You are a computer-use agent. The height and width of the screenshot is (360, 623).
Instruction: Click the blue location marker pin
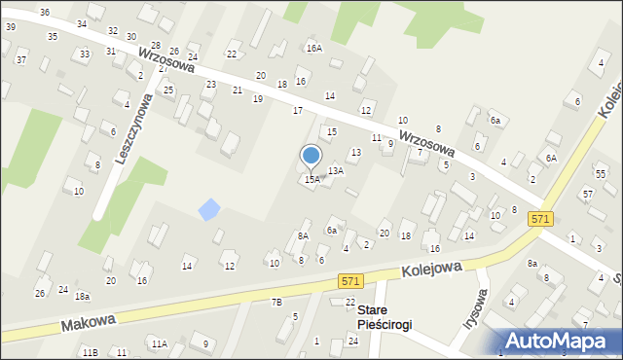pos(311,156)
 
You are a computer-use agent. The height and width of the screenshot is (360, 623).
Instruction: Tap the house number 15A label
pos(311,179)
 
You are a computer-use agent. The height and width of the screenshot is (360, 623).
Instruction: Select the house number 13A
pos(335,170)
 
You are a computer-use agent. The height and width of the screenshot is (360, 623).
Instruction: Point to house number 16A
pos(313,48)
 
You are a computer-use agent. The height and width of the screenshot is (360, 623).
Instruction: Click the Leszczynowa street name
pos(132,128)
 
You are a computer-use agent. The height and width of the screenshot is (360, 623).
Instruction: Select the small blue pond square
pos(208,208)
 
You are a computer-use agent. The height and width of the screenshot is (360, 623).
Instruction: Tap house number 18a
pos(83,296)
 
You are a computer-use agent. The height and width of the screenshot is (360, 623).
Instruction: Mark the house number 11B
pos(90,351)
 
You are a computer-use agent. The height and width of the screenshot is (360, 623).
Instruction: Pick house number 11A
pos(159,343)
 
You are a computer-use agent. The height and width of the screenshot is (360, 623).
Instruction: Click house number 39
pos(10,26)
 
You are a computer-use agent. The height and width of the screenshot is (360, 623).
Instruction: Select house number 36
pos(45,12)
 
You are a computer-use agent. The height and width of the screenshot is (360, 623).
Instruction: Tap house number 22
pos(232,54)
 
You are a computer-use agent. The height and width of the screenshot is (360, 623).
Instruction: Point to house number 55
pos(601,173)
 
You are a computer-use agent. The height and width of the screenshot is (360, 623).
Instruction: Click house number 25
pos(168,90)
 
